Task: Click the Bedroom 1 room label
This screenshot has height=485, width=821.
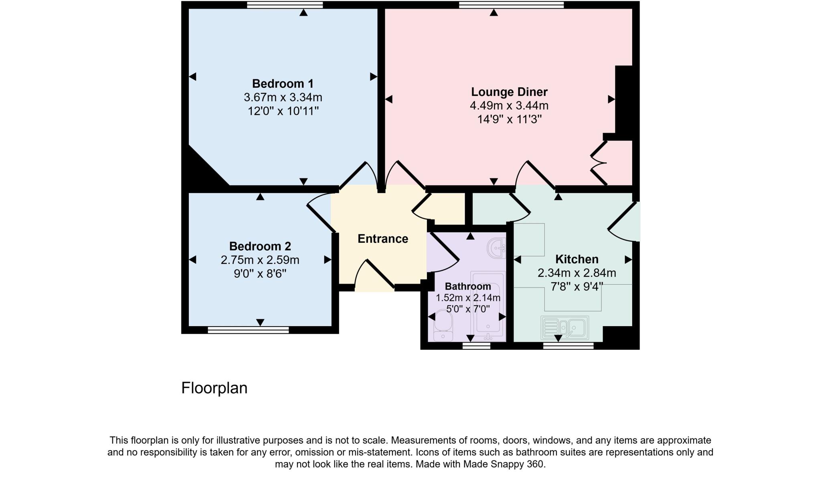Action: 283,84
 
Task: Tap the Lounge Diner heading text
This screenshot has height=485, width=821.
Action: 509,92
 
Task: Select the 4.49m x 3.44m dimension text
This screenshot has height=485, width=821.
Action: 509,106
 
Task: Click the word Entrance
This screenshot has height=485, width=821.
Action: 383,239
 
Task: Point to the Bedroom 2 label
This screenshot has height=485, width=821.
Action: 260,246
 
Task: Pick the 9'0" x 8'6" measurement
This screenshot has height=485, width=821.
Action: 260,274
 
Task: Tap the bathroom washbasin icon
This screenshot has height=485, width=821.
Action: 496,248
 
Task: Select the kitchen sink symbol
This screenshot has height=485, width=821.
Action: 564,327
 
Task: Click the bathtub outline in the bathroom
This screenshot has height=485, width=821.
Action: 488,305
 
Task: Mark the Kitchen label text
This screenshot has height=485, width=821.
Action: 576,259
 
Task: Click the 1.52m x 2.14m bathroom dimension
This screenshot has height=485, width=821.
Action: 468,298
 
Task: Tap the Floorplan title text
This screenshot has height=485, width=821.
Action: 214,388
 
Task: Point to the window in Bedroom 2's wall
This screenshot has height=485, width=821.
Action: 248,330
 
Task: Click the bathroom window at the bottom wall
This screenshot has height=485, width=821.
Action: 476,346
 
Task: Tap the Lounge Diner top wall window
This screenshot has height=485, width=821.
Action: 511,5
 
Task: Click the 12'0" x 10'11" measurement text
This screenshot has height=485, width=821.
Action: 283,111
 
